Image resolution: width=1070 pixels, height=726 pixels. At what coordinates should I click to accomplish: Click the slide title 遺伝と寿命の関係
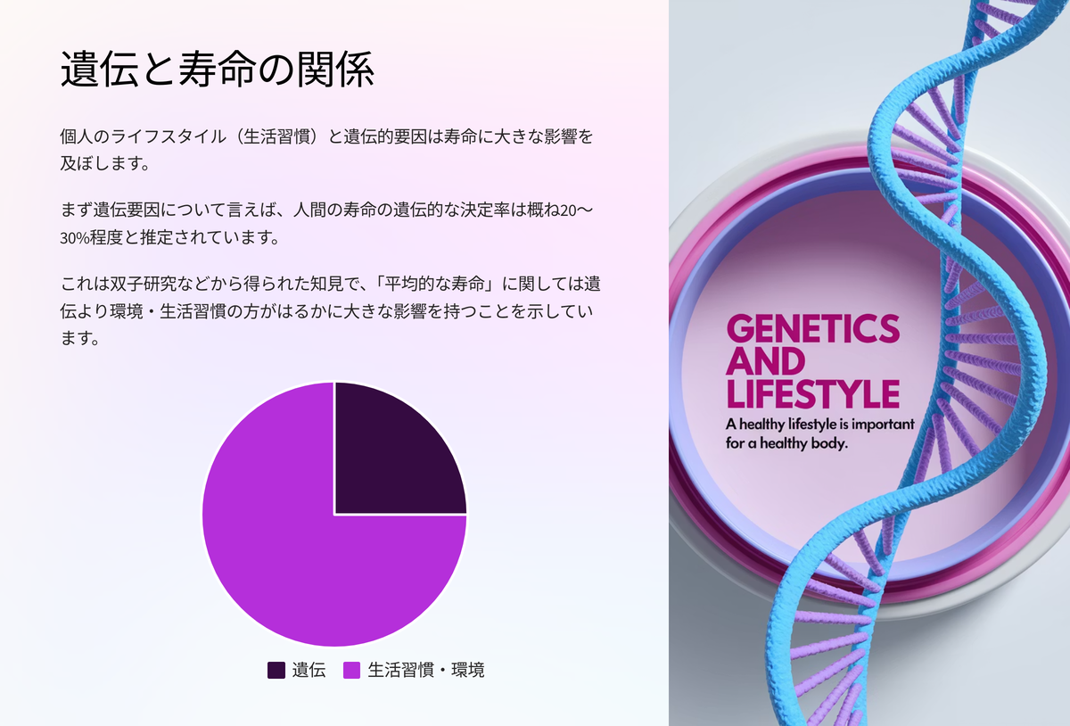[x=217, y=70]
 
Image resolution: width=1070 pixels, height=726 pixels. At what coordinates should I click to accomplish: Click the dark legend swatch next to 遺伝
[x=276, y=670]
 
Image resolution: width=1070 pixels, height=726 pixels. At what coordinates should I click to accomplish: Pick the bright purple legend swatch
[x=351, y=670]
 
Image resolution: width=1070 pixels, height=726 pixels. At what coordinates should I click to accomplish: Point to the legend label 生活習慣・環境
[x=426, y=670]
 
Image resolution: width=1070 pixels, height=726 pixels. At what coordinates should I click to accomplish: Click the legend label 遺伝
[x=309, y=670]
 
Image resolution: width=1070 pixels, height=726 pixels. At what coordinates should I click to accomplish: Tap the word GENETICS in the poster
[x=813, y=328]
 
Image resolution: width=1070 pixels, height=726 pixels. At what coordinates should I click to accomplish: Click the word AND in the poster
[x=766, y=361]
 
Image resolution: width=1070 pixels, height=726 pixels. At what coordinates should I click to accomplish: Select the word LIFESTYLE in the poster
[x=813, y=394]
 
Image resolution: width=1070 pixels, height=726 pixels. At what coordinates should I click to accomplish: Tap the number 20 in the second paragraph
[x=569, y=210]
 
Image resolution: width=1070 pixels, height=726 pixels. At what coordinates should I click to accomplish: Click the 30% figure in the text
[x=75, y=237]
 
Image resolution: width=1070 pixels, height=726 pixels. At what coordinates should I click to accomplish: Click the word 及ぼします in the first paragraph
[x=99, y=163]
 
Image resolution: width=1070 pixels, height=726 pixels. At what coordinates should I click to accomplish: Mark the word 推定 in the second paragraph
[x=156, y=237]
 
